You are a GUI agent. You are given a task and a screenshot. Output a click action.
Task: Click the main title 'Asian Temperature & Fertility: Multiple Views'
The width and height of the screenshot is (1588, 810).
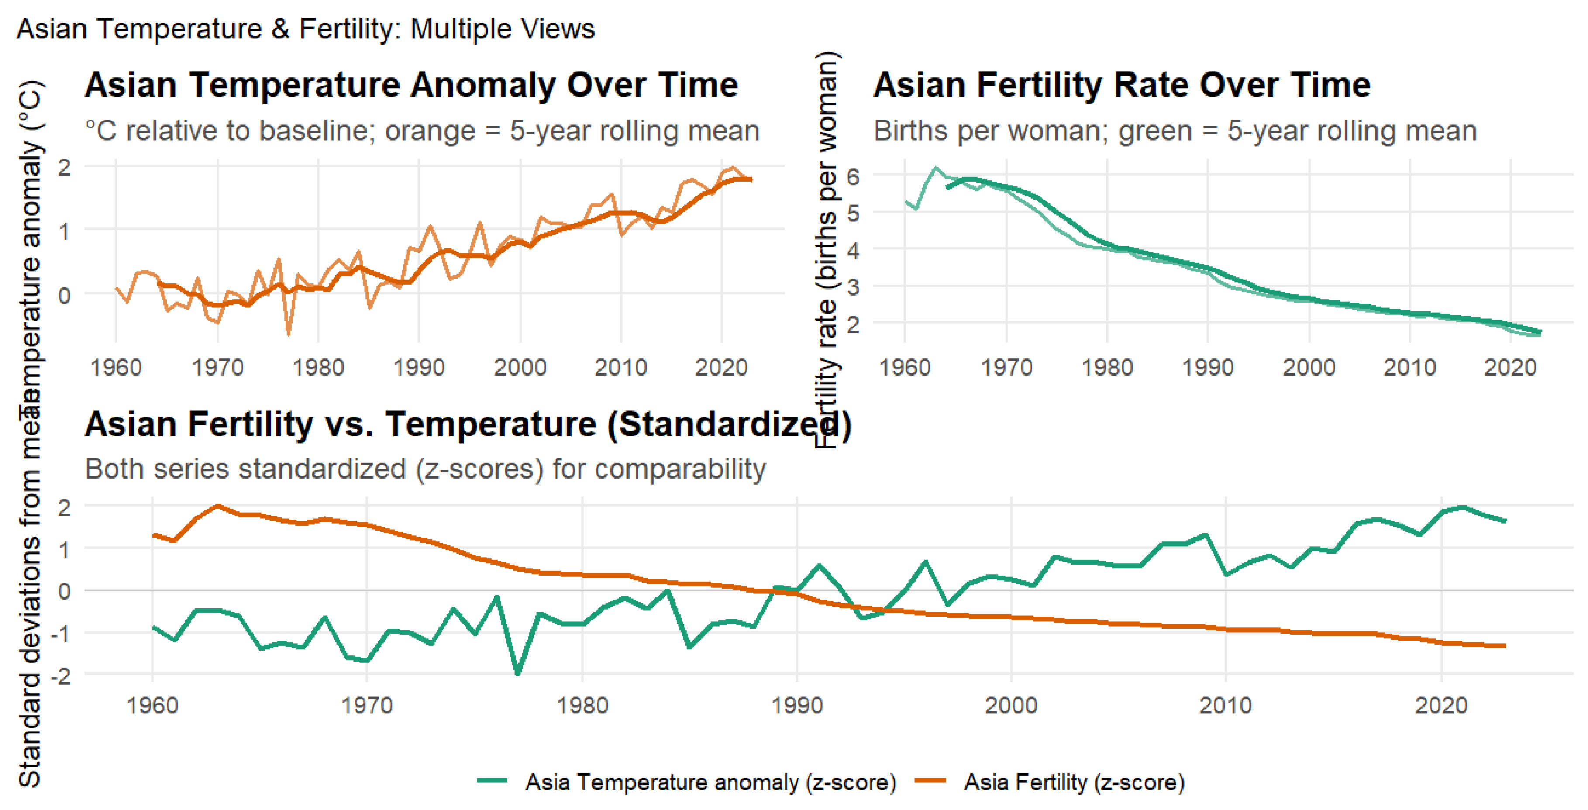(305, 29)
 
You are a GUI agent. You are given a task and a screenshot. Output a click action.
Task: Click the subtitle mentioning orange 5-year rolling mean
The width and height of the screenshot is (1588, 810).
(422, 131)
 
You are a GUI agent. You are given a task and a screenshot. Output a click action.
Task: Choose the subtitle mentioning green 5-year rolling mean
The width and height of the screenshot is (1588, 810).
(1175, 131)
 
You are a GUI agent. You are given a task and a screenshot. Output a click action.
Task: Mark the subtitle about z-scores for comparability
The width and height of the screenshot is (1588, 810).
(425, 469)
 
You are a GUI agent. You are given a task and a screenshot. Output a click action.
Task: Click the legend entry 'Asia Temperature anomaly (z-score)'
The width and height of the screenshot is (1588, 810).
(710, 782)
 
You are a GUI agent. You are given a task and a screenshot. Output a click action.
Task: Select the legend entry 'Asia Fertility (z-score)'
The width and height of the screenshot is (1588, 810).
(1074, 782)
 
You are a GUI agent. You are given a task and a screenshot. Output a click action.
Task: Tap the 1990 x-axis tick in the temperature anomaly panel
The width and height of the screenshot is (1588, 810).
(419, 367)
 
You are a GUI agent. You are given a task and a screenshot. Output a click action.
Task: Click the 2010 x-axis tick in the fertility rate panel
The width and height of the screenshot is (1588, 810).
(1410, 367)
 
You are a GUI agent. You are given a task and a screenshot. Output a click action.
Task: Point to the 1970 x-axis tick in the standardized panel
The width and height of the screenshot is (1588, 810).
(367, 705)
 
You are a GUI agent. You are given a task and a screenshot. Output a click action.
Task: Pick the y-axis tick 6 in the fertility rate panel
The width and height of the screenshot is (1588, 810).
(853, 177)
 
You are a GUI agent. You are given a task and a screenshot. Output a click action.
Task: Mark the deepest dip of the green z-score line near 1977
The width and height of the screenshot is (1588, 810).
(518, 673)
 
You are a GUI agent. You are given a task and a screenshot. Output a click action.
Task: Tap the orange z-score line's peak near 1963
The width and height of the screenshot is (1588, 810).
(217, 506)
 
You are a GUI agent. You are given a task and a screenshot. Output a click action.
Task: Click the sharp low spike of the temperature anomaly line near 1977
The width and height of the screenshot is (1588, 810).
(288, 334)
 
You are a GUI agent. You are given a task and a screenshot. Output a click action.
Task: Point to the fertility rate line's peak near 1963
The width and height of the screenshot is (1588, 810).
(936, 168)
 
